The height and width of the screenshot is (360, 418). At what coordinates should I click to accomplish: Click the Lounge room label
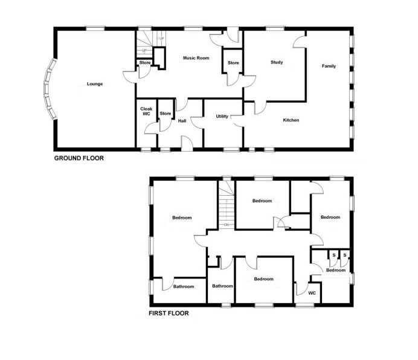95,84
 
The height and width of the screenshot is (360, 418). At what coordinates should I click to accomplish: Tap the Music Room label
196,58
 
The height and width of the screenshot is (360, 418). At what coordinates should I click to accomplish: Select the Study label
277,62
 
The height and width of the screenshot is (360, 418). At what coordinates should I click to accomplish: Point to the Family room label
329,66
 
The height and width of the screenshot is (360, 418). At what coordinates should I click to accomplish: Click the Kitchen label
291,120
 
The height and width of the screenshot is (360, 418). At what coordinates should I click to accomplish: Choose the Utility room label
222,116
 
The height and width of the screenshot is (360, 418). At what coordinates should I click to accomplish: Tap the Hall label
182,121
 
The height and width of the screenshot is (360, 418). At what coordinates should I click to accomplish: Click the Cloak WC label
146,111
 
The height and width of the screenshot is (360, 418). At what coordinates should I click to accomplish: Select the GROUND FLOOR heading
79,158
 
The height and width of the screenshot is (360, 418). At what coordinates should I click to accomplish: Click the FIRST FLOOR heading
169,313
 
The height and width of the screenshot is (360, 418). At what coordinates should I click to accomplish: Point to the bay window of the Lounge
50,89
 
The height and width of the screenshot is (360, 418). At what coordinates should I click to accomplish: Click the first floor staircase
227,205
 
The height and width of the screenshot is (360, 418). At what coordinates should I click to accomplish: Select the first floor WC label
312,293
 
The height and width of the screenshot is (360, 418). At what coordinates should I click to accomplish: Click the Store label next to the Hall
166,114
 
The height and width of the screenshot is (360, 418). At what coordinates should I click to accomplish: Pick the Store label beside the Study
233,63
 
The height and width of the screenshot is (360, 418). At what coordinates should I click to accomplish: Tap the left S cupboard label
334,255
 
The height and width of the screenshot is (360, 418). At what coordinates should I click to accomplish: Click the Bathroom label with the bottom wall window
222,286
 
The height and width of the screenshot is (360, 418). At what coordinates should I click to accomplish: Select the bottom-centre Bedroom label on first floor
263,279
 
